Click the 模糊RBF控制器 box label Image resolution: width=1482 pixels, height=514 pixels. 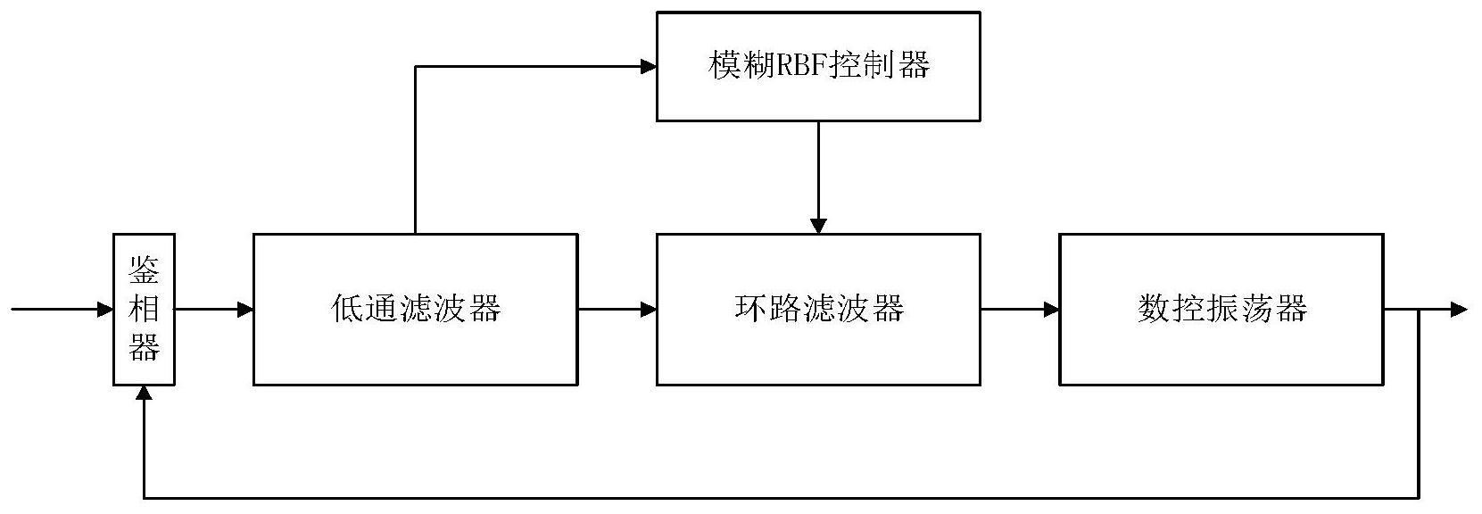pyautogui.click(x=818, y=66)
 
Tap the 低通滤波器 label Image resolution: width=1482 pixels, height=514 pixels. pyautogui.click(x=415, y=309)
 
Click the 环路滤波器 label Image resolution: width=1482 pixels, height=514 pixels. pyautogui.click(x=818, y=309)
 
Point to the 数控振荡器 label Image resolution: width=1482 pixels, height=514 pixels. pyautogui.click(x=1221, y=309)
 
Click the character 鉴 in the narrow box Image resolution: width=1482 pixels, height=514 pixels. pyautogui.click(x=144, y=270)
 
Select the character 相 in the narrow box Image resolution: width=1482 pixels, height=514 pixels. pyautogui.click(x=144, y=309)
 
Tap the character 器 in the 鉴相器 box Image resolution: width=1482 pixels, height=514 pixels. pyautogui.click(x=144, y=347)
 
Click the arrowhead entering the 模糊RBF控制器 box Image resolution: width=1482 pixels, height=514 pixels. pyautogui.click(x=649, y=66)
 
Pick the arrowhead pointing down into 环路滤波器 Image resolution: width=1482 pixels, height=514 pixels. pyautogui.click(x=818, y=226)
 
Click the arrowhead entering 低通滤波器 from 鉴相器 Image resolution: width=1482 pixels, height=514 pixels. pyautogui.click(x=245, y=310)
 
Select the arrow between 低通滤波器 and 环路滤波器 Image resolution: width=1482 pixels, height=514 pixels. pyautogui.click(x=617, y=310)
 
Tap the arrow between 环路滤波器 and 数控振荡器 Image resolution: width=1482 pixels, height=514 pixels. pyautogui.click(x=1020, y=310)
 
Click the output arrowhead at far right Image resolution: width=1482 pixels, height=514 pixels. pyautogui.click(x=1459, y=310)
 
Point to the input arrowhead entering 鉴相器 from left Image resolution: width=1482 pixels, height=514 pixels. pyautogui.click(x=105, y=310)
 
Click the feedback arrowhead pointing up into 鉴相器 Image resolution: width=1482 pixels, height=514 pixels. pyautogui.click(x=144, y=394)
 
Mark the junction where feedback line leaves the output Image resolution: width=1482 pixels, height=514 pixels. pyautogui.click(x=1419, y=310)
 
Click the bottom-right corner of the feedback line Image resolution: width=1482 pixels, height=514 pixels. pyautogui.click(x=1419, y=497)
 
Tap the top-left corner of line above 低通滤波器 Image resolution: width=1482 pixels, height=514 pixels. pyautogui.click(x=415, y=66)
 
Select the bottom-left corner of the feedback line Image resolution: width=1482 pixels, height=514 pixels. pyautogui.click(x=144, y=497)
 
